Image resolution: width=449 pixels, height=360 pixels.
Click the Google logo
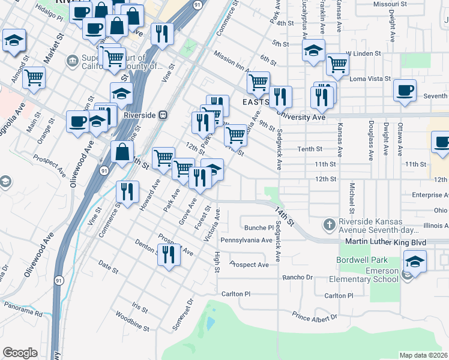click(20, 353)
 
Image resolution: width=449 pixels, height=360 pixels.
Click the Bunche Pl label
click(259, 227)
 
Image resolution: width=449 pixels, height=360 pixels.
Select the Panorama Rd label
click(23, 312)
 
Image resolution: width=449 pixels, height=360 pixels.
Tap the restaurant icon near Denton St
click(169, 254)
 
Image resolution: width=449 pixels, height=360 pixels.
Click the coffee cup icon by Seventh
click(405, 90)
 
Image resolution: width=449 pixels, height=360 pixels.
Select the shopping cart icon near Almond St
click(34, 77)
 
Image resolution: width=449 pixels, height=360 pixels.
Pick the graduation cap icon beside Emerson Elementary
click(415, 261)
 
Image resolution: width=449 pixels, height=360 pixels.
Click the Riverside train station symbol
click(162, 115)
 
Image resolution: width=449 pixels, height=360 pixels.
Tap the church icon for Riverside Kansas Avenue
click(328, 226)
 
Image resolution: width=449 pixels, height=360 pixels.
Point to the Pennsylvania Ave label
click(247, 240)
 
